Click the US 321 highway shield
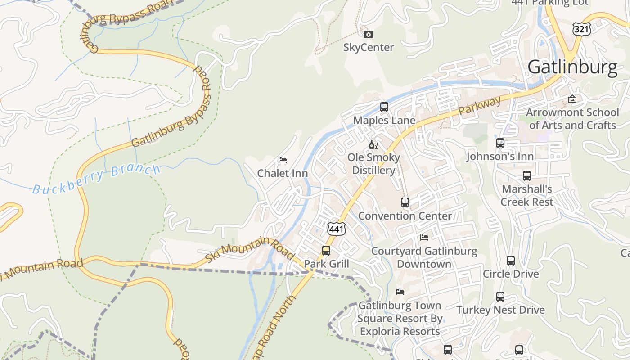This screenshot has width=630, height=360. pos(580,29)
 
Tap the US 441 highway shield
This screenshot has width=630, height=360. pos(337,229)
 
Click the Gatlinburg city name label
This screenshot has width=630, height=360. pos(572,67)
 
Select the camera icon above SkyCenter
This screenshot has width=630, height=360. pos(368,35)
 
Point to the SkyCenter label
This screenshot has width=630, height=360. pos(369,47)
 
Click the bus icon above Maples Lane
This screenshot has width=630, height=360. pos(384,107)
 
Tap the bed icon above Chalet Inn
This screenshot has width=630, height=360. pos(283,160)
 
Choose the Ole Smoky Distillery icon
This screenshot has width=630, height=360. pos(373,144)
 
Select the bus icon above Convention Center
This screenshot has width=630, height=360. pos(405,202)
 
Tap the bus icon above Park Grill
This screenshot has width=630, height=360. pos(326,251)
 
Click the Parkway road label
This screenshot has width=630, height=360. pos(479,107)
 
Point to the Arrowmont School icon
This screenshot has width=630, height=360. pos(572,99)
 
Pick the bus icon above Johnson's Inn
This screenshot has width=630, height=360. pos(500,143)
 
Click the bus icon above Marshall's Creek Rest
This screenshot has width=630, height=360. pos(526,176)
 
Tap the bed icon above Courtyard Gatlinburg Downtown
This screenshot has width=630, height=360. pos(424,238)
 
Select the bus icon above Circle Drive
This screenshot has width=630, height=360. pos(510,261)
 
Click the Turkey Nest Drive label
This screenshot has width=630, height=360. pos(500,310)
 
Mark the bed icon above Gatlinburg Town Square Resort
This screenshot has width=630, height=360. pos(400,292)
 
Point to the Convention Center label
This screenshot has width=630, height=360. pos(405,216)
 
